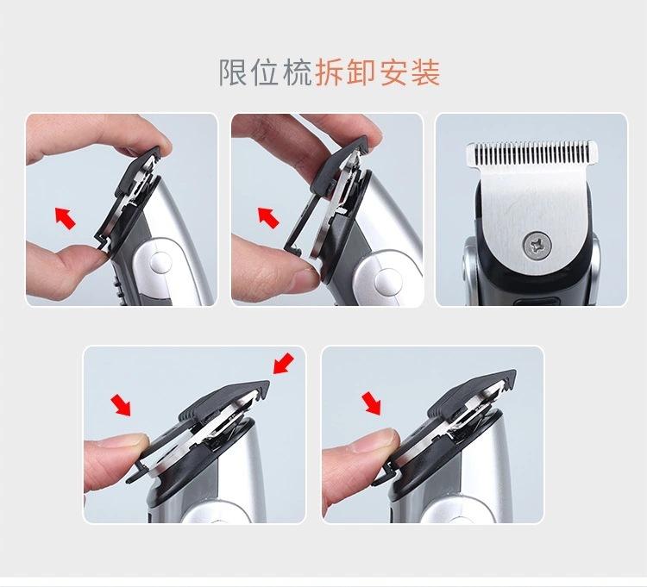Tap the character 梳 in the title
tap(298, 72)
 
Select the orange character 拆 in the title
tap(330, 72)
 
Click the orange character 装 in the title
tap(425, 72)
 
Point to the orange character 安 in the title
tap(393, 72)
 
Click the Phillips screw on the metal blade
tap(537, 247)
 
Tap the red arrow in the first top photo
tap(66, 218)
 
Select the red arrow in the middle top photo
tap(268, 217)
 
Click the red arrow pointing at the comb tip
tap(284, 364)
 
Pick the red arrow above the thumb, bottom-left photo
tap(121, 405)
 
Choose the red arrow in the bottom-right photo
tap(371, 403)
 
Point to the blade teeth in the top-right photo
tap(532, 153)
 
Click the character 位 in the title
tap(266, 72)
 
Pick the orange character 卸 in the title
tap(361, 72)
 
